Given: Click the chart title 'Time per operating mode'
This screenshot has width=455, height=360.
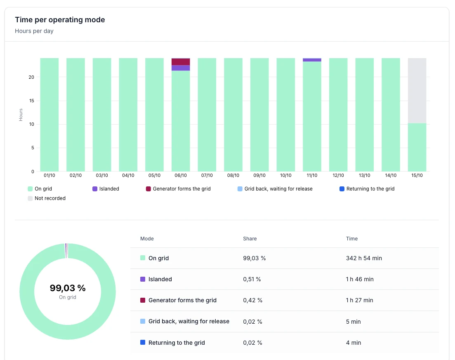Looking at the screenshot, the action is tap(60, 20).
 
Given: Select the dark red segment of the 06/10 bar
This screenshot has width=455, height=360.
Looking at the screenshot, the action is tap(181, 62).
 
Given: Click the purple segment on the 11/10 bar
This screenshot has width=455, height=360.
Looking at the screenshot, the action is tap(312, 60).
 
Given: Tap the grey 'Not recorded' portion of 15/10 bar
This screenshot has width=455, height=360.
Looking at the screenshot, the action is tap(417, 90).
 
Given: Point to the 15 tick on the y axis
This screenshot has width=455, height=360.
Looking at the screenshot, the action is tap(31, 101).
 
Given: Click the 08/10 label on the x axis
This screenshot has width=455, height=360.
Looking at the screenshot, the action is tap(233, 175).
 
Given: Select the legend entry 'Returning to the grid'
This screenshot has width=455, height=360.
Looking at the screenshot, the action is tap(367, 189).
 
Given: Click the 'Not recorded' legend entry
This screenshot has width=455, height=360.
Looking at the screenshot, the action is tap(47, 198).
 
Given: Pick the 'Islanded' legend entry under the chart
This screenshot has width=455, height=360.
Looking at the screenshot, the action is tap(106, 189).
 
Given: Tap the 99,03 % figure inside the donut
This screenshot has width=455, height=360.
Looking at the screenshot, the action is tap(68, 288).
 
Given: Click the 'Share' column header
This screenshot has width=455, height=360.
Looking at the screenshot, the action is tap(250, 238).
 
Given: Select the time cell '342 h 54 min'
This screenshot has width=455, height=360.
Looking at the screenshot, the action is tap(364, 258).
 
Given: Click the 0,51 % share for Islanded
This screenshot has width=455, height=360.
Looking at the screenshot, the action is tap(252, 279).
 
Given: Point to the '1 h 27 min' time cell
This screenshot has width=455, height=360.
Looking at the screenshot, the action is tap(360, 300).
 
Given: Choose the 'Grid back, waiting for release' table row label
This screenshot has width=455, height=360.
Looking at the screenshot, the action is tap(189, 321).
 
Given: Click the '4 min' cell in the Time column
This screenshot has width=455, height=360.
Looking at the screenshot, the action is tap(354, 343).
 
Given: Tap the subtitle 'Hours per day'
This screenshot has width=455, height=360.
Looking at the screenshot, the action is tap(34, 31).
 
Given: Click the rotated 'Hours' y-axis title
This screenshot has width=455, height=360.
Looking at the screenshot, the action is tap(21, 115).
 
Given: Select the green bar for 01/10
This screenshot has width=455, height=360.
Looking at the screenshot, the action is tap(50, 115).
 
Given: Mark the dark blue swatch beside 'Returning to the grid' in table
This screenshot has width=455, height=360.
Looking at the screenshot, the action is tap(143, 342).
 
